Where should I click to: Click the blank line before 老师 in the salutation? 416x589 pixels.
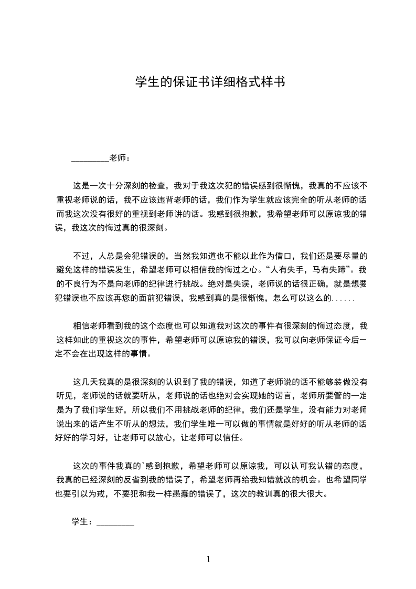tap(90, 158)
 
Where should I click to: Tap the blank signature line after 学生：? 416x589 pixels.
tap(115, 522)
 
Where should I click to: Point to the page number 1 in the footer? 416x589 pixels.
tap(208, 559)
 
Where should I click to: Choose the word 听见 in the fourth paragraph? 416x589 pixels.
tap(64, 395)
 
